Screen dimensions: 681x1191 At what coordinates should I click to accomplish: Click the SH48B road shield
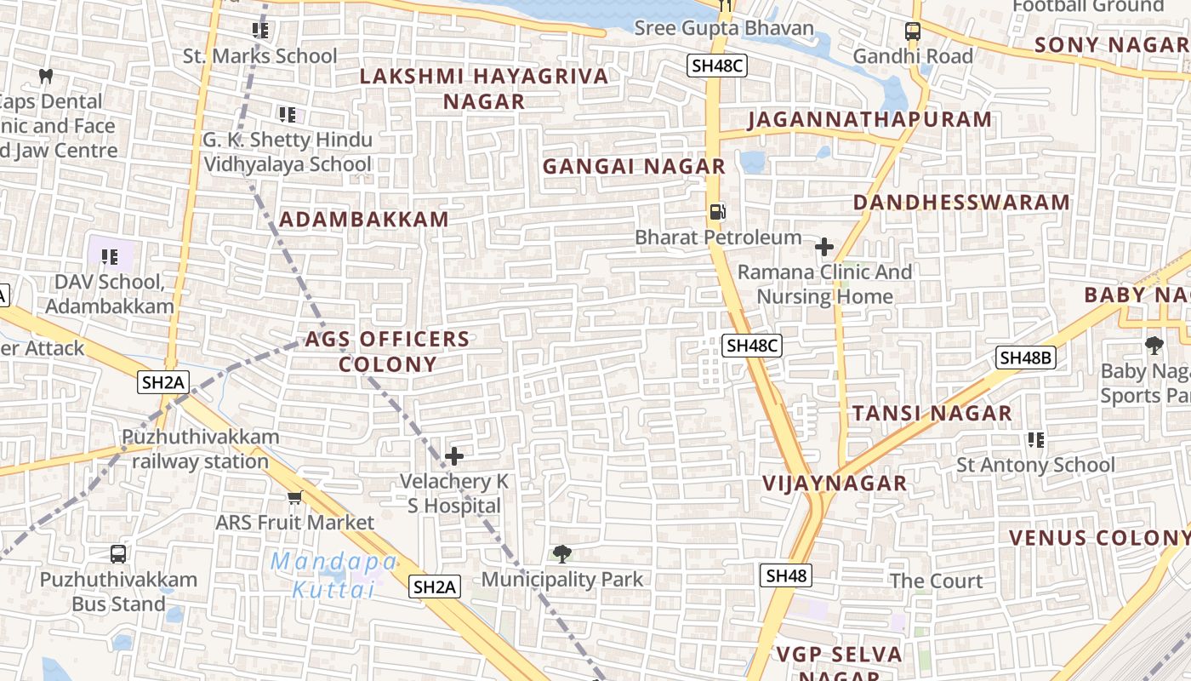pyautogui.click(x=1026, y=358)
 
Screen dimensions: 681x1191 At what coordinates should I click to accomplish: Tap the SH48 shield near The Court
pyautogui.click(x=786, y=575)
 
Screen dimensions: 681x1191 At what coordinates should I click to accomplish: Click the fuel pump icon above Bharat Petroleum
pyautogui.click(x=718, y=211)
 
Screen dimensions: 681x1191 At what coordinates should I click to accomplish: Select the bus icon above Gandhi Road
pyautogui.click(x=913, y=31)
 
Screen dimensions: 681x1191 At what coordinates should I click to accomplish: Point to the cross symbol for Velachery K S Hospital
pyautogui.click(x=454, y=456)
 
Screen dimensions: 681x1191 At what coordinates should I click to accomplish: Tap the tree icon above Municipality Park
pyautogui.click(x=561, y=554)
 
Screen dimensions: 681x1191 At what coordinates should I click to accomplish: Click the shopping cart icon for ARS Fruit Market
pyautogui.click(x=294, y=497)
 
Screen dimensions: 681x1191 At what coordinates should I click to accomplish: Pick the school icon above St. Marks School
pyautogui.click(x=260, y=31)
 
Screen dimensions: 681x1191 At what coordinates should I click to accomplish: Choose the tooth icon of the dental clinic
pyautogui.click(x=46, y=76)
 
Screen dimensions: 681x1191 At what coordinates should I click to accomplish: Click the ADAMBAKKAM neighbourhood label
pyautogui.click(x=364, y=219)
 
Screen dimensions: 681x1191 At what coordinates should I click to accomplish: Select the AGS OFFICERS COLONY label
pyautogui.click(x=387, y=352)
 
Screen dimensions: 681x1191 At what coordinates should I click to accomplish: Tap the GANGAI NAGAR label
pyautogui.click(x=634, y=166)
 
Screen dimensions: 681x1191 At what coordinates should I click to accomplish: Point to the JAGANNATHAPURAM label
pyautogui.click(x=869, y=119)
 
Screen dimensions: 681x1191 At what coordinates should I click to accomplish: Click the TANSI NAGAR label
pyautogui.click(x=932, y=414)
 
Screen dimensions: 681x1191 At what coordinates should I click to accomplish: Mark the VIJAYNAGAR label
pyautogui.click(x=835, y=484)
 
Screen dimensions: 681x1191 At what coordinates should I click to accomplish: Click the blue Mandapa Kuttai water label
pyautogui.click(x=333, y=575)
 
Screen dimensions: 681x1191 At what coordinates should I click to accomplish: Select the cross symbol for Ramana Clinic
pyautogui.click(x=823, y=248)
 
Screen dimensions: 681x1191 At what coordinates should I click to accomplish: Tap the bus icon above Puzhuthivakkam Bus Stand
pyautogui.click(x=118, y=554)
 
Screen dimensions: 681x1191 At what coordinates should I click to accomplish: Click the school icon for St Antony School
pyautogui.click(x=1035, y=440)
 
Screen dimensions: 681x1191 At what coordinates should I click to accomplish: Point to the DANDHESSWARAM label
pyautogui.click(x=961, y=202)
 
